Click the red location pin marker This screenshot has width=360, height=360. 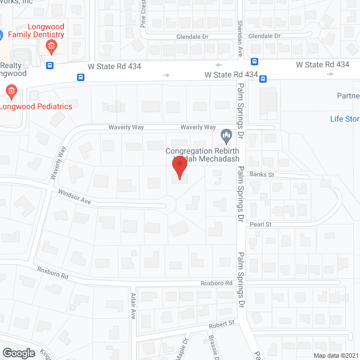[179, 168]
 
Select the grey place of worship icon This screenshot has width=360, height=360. [226, 136]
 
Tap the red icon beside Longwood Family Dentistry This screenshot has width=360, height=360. [51, 46]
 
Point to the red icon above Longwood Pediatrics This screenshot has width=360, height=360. [11, 90]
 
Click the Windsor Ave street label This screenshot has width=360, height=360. [75, 197]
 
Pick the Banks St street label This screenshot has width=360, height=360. [263, 175]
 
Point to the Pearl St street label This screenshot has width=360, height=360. [261, 224]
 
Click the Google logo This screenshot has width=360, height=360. [18, 353]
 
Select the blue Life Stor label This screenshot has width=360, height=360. [344, 119]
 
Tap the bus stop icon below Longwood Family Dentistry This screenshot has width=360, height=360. [50, 65]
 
